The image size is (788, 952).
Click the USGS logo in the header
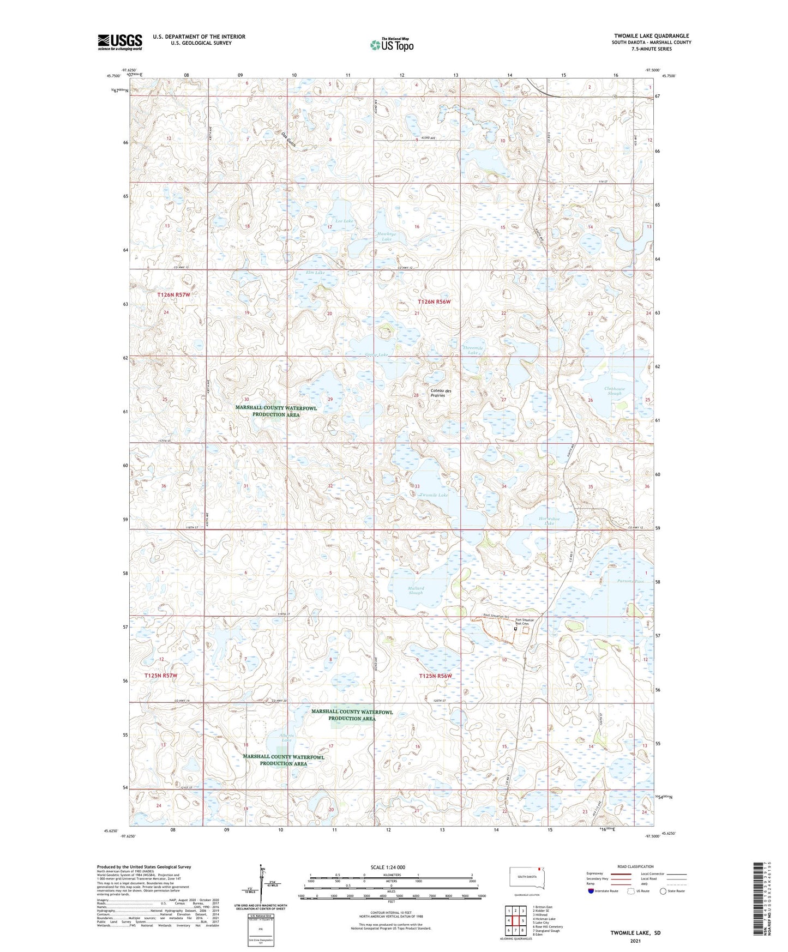coord(120,41)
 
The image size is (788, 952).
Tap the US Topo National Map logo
coord(392,44)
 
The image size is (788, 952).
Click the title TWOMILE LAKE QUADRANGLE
coord(651,36)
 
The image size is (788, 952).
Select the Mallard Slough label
coord(416,591)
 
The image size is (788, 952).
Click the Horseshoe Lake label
coord(549,521)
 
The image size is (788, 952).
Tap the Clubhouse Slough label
coord(615,391)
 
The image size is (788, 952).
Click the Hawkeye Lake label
coord(386,236)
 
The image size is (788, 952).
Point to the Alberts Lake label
coord(287,738)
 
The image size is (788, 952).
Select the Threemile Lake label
coord(473,350)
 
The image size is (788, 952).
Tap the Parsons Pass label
coord(630,581)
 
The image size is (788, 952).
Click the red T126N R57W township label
coord(174,295)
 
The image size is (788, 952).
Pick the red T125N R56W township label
coord(436,676)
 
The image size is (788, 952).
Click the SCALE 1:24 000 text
coord(388,867)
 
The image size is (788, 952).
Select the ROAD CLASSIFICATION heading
coord(635,866)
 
